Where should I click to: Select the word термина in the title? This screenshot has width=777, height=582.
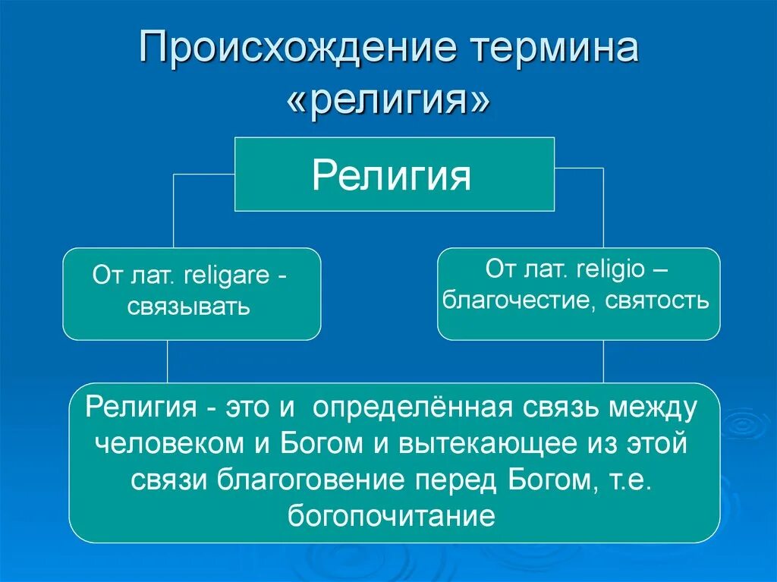click(x=555, y=50)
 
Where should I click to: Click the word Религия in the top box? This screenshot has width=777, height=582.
click(x=392, y=176)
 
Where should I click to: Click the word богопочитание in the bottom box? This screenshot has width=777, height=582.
click(x=392, y=517)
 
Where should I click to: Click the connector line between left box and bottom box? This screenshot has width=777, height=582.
click(x=168, y=362)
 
